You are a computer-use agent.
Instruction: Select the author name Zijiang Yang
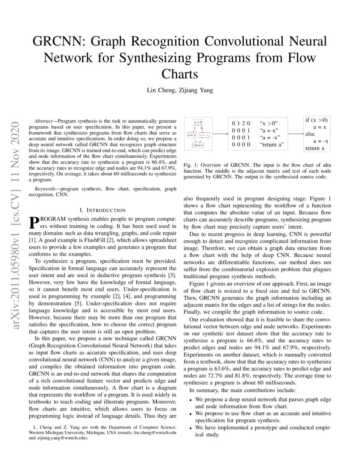click(x=196, y=89)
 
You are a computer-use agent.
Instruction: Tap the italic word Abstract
click(x=44, y=121)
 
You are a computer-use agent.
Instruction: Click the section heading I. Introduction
click(x=102, y=210)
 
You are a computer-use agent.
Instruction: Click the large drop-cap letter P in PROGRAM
click(x=33, y=222)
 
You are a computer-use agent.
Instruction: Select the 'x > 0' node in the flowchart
click(x=198, y=122)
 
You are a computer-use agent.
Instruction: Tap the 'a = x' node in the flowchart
click(x=191, y=135)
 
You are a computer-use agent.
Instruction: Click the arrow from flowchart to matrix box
click(x=219, y=134)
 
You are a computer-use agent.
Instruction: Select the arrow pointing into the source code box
click(x=295, y=134)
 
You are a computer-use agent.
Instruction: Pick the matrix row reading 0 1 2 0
click(x=241, y=123)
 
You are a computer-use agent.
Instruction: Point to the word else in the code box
click(x=310, y=134)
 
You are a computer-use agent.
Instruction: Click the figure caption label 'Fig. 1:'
click(x=190, y=164)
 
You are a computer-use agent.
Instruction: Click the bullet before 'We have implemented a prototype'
click(x=191, y=428)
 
